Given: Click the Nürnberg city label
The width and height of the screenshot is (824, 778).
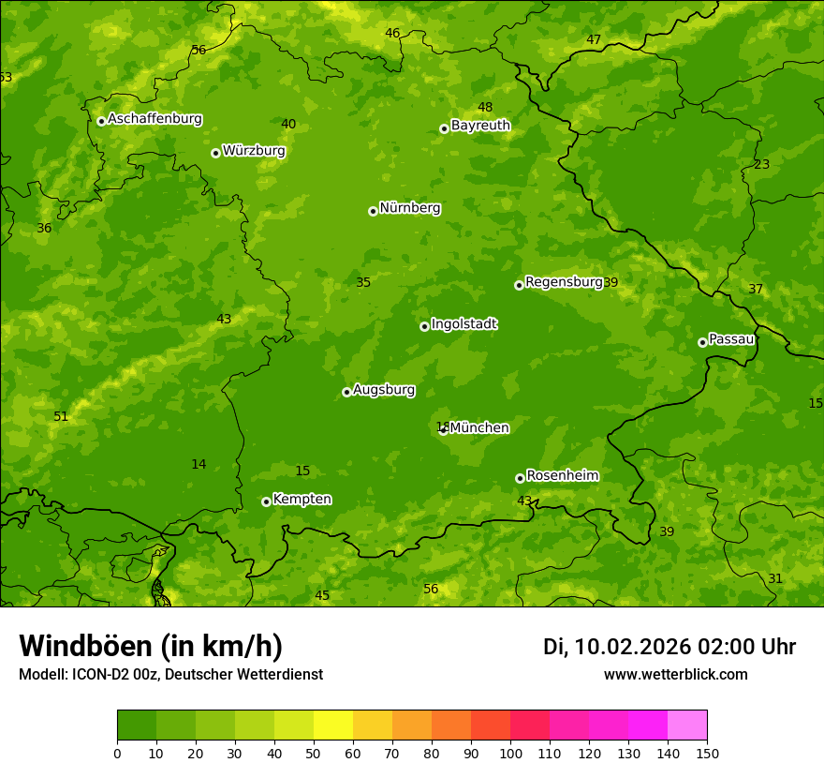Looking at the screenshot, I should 409,208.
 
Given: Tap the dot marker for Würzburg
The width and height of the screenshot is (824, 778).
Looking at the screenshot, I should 215,153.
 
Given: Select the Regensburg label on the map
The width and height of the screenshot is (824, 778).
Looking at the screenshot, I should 564,282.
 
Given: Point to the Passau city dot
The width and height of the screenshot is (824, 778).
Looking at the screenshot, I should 702,342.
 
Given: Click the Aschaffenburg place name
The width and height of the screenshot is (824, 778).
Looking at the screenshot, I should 154,119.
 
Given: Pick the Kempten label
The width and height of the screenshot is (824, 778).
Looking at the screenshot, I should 302,500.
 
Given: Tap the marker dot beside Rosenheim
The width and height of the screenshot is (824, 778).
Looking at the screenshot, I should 520,478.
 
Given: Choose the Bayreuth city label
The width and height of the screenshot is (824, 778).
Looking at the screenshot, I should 480,126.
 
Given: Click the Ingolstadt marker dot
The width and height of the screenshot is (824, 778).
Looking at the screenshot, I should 424,326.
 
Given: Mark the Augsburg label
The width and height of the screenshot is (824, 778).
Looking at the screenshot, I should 384,390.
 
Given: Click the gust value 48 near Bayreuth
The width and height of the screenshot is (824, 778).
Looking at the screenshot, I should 485,108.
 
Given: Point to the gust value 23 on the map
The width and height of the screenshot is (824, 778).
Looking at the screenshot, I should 762,165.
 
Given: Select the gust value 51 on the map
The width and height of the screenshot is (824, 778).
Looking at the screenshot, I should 61,417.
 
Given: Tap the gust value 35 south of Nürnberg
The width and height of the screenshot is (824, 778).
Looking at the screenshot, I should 363,283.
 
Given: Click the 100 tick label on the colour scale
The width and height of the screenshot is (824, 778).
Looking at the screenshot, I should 510,753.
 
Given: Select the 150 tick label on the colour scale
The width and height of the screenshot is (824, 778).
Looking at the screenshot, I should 707,753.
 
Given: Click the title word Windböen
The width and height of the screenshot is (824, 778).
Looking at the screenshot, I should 86,647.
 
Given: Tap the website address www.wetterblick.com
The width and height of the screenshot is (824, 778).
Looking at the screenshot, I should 675,675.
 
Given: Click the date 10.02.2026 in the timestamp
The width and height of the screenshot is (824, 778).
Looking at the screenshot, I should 633,647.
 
